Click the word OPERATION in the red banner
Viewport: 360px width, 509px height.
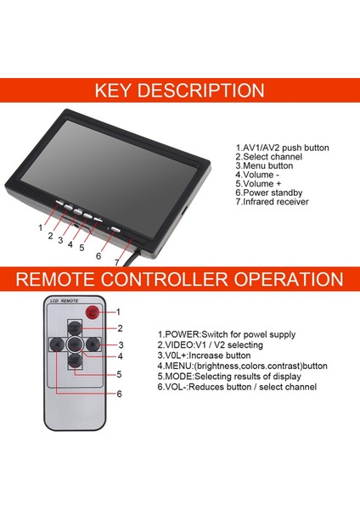tap(285, 279)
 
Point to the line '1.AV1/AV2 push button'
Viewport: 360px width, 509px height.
tap(282, 148)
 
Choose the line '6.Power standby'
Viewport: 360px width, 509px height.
tap(269, 193)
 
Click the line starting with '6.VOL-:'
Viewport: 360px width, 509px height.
tap(237, 387)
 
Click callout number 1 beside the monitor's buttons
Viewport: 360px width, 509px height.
tap(40, 227)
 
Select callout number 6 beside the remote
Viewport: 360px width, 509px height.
tap(120, 394)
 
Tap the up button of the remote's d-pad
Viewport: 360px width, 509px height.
tap(75, 328)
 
